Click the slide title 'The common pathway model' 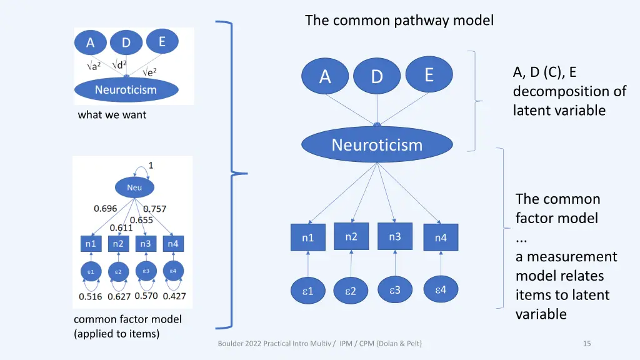coord(399,21)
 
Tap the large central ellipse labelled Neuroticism coord(377,145)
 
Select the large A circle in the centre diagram coord(325,77)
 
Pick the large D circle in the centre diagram coord(376,77)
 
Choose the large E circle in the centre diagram coord(429,75)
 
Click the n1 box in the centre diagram coord(308,237)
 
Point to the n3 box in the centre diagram coord(395,236)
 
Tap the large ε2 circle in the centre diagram coord(351,291)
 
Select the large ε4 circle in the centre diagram coord(441,289)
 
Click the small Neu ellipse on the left coord(134,187)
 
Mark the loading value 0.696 coord(106,208)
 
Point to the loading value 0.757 coord(155,209)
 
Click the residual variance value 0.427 coord(174,296)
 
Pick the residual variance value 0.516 coord(91,296)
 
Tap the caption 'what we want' coord(112,115)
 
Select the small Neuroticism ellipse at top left coord(126,90)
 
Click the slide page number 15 coord(587,343)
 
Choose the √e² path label coord(148,72)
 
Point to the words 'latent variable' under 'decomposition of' coord(559,111)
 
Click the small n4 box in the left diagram coord(172,244)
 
